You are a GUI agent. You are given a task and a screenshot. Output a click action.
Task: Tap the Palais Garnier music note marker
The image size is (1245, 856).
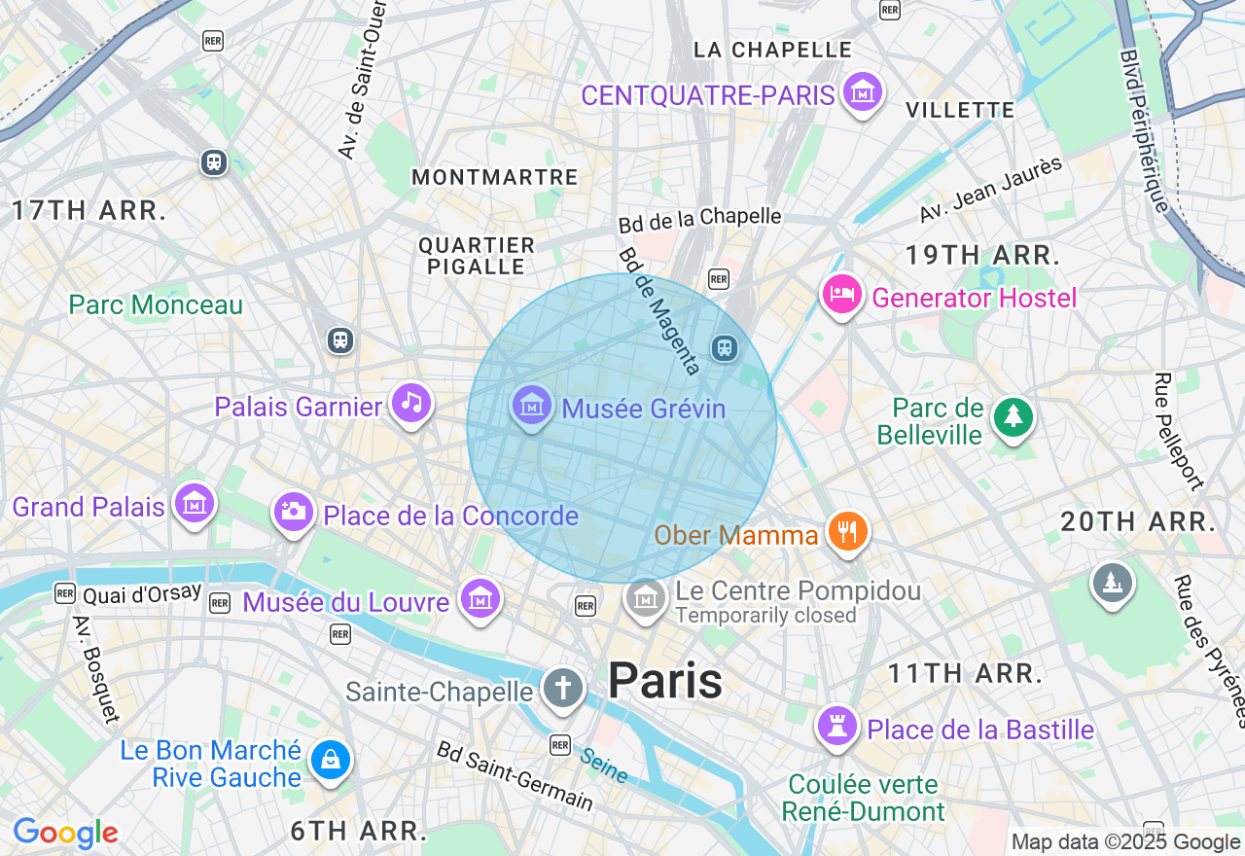[x=411, y=403]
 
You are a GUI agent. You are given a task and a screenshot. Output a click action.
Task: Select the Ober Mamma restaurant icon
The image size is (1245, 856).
[x=847, y=531]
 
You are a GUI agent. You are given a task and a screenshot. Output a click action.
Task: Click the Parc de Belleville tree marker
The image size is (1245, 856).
[x=1014, y=417]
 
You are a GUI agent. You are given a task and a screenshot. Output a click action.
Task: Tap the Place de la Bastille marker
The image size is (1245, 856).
[x=836, y=727]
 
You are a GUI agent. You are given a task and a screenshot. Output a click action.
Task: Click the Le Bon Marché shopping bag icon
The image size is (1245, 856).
[x=331, y=761]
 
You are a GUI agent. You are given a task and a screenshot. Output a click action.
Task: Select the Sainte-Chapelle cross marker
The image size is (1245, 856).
[x=562, y=689]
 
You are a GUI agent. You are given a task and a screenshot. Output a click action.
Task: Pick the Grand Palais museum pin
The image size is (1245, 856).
[x=195, y=504]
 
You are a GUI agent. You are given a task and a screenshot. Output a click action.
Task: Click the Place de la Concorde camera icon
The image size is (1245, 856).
[x=293, y=512]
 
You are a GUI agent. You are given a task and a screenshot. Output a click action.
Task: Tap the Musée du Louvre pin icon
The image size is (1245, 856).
[x=480, y=599]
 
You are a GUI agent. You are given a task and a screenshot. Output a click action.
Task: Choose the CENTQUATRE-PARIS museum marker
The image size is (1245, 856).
[x=862, y=92]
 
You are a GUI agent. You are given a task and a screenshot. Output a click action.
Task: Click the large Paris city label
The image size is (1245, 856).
[x=665, y=681]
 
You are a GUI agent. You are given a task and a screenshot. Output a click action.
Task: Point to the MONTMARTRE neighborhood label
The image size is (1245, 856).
[x=495, y=177]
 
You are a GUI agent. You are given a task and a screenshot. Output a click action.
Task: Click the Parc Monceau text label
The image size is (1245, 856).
[x=156, y=305]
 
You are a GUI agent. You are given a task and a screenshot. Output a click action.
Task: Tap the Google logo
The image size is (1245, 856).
[x=65, y=833]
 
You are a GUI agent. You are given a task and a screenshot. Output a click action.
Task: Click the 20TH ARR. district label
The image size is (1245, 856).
[x=1138, y=521]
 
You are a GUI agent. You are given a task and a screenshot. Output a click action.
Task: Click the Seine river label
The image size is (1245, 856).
[x=604, y=766]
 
